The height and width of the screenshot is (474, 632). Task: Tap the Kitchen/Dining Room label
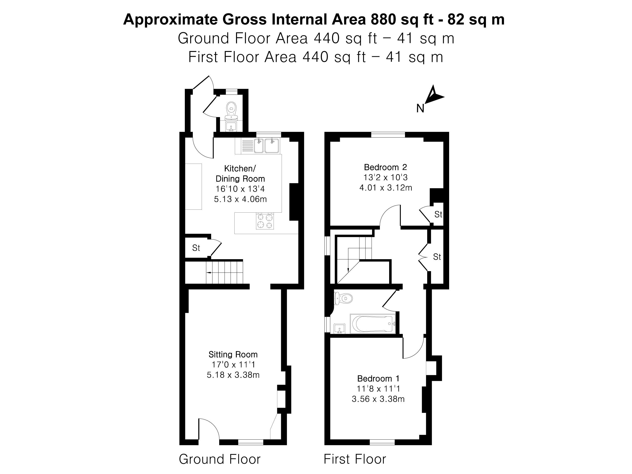[240, 173]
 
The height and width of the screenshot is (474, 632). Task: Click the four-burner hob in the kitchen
[265, 221]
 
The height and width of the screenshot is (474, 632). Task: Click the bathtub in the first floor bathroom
[373, 324]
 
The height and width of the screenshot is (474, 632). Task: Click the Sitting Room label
[233, 354]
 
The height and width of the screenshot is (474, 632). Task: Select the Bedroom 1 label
[378, 379]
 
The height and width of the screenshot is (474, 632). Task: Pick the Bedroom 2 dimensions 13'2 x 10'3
[385, 178]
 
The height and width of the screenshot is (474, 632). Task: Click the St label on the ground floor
[196, 248]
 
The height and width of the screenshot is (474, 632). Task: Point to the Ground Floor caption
[219, 459]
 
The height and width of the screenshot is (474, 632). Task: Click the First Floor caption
[355, 459]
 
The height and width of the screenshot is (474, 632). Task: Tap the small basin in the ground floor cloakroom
[231, 126]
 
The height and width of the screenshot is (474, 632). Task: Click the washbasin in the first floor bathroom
[339, 329]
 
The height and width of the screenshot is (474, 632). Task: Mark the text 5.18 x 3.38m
[233, 375]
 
